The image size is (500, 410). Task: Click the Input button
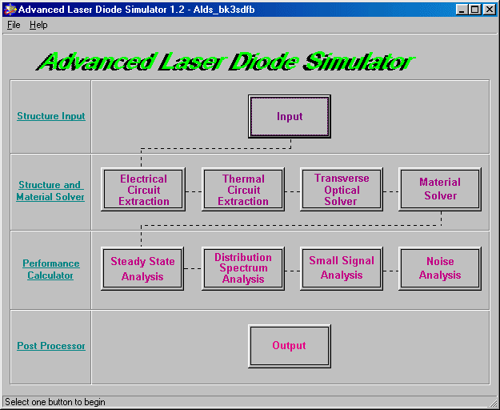(290, 116)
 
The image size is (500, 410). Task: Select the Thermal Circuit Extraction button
(243, 190)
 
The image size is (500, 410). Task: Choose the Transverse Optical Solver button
(342, 190)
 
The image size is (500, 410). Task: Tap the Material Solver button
(440, 190)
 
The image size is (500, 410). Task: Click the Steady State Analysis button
(142, 268)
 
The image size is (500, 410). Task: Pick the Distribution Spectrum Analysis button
(243, 268)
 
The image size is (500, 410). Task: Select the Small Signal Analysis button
(342, 268)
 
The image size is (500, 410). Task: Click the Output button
(290, 346)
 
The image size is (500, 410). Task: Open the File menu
(14, 25)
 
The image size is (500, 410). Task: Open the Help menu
(38, 25)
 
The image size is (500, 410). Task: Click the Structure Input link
(51, 116)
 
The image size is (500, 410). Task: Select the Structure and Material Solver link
(50, 191)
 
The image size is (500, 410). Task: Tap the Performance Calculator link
(50, 269)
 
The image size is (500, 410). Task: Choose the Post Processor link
(51, 346)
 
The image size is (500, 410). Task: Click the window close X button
(490, 10)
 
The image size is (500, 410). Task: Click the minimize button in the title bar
(462, 10)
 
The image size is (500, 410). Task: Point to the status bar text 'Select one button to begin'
(55, 402)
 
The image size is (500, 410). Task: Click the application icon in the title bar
(10, 10)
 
